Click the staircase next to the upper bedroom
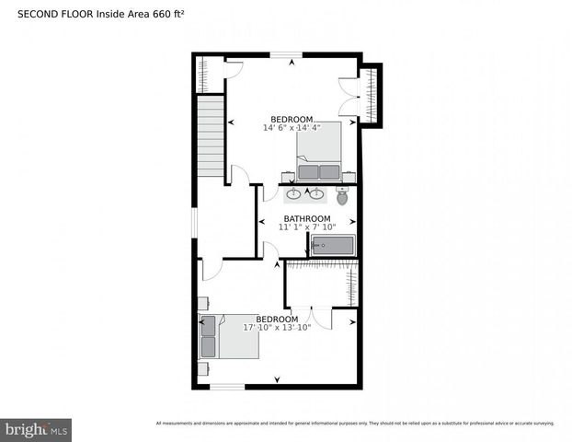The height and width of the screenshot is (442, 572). [212, 137]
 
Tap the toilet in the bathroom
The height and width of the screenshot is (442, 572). [342, 196]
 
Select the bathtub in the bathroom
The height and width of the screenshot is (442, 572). [332, 245]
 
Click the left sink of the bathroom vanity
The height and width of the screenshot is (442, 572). [294, 194]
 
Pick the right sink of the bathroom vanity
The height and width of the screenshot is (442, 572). [316, 194]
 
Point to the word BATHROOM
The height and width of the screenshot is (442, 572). [306, 218]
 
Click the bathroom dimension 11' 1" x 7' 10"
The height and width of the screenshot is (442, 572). [306, 227]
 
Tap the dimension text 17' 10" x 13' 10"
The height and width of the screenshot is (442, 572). [277, 327]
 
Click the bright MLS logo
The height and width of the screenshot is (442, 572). [37, 429]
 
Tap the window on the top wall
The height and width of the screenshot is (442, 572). [284, 54]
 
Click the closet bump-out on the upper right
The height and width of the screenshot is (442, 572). [372, 94]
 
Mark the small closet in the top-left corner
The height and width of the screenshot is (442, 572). [209, 75]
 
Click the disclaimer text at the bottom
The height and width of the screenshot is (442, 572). [355, 424]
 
